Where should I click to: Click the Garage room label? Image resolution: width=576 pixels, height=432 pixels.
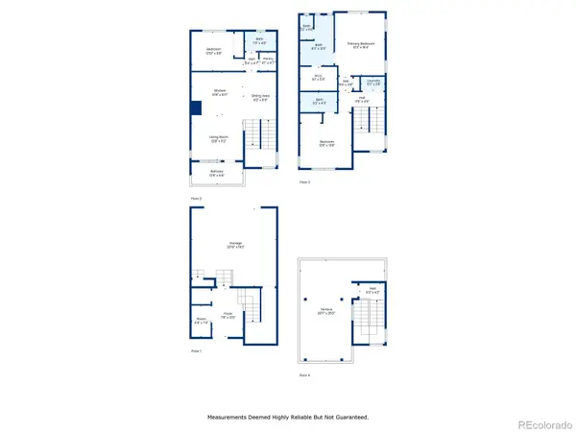coord(234,244)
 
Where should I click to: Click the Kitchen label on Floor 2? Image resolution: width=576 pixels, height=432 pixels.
coord(220,93)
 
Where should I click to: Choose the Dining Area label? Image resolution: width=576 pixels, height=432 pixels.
coord(259,96)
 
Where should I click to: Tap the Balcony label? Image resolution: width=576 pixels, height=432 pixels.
coord(216,173)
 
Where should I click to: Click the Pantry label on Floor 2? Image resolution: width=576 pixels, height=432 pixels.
coord(270,60)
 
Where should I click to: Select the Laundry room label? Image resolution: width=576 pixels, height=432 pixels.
coord(372,82)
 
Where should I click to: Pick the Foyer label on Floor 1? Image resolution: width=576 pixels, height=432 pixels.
coord(228,313)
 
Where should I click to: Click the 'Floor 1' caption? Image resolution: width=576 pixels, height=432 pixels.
coord(196,351)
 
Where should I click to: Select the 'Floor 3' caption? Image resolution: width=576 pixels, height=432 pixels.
coord(304,181)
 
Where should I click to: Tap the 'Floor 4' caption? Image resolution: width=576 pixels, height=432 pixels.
coord(304,374)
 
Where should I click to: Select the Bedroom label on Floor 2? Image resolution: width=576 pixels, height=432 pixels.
coord(213,50)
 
